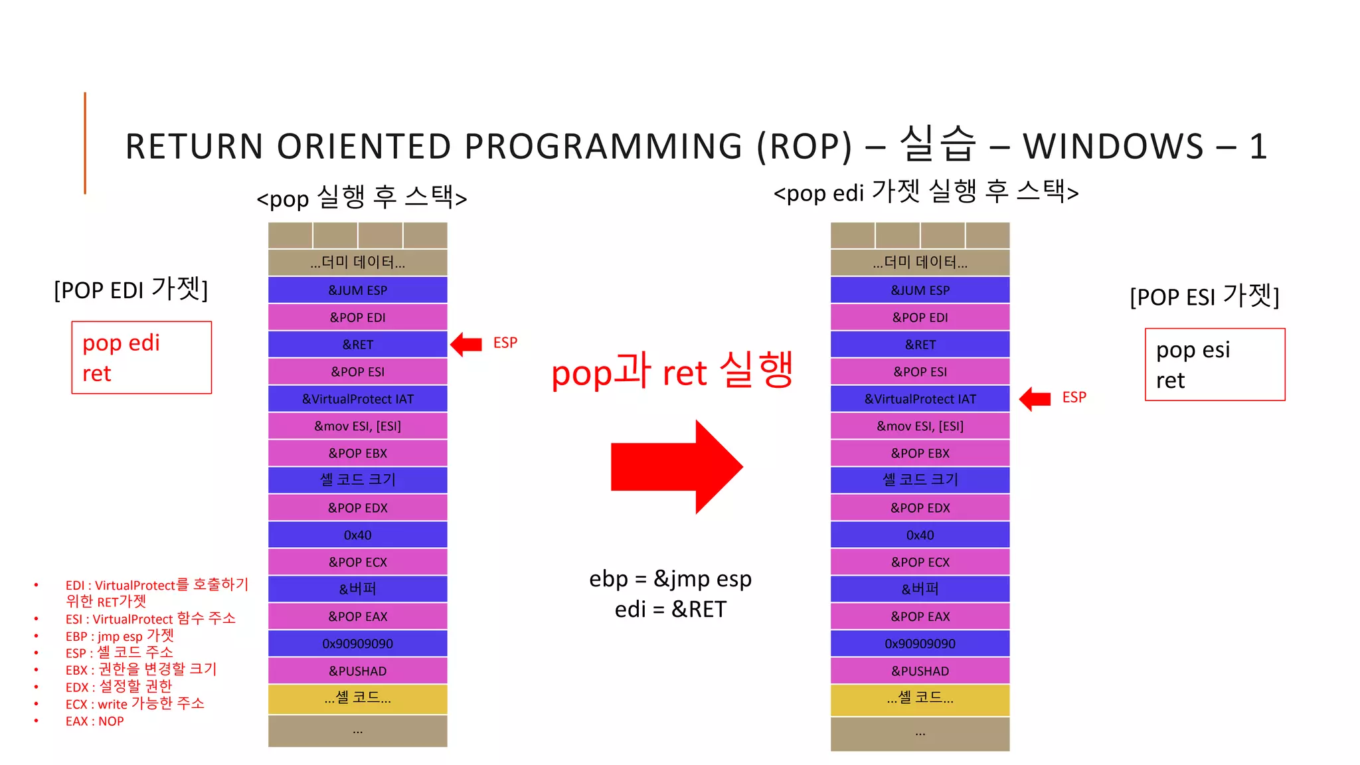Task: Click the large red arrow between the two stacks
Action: click(x=676, y=467)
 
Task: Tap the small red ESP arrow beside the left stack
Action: click(x=466, y=344)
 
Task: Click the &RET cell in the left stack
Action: click(x=357, y=345)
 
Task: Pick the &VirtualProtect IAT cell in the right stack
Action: click(x=920, y=399)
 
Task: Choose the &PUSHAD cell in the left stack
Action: click(x=357, y=671)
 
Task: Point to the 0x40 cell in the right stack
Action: click(x=920, y=535)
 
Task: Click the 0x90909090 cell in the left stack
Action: click(x=357, y=643)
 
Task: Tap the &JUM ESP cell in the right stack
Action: click(x=920, y=290)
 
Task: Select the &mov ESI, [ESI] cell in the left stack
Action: click(x=357, y=426)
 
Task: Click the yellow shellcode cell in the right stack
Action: click(x=920, y=699)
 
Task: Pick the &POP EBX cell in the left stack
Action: click(x=357, y=454)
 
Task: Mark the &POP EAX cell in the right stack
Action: click(x=920, y=616)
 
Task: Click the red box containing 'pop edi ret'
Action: click(x=141, y=358)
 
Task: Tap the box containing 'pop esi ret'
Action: click(x=1215, y=365)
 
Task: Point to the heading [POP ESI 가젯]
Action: click(x=1204, y=296)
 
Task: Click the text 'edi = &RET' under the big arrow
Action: click(x=670, y=609)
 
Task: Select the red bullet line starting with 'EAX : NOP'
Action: click(x=94, y=721)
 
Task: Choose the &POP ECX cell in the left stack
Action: click(x=357, y=562)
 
